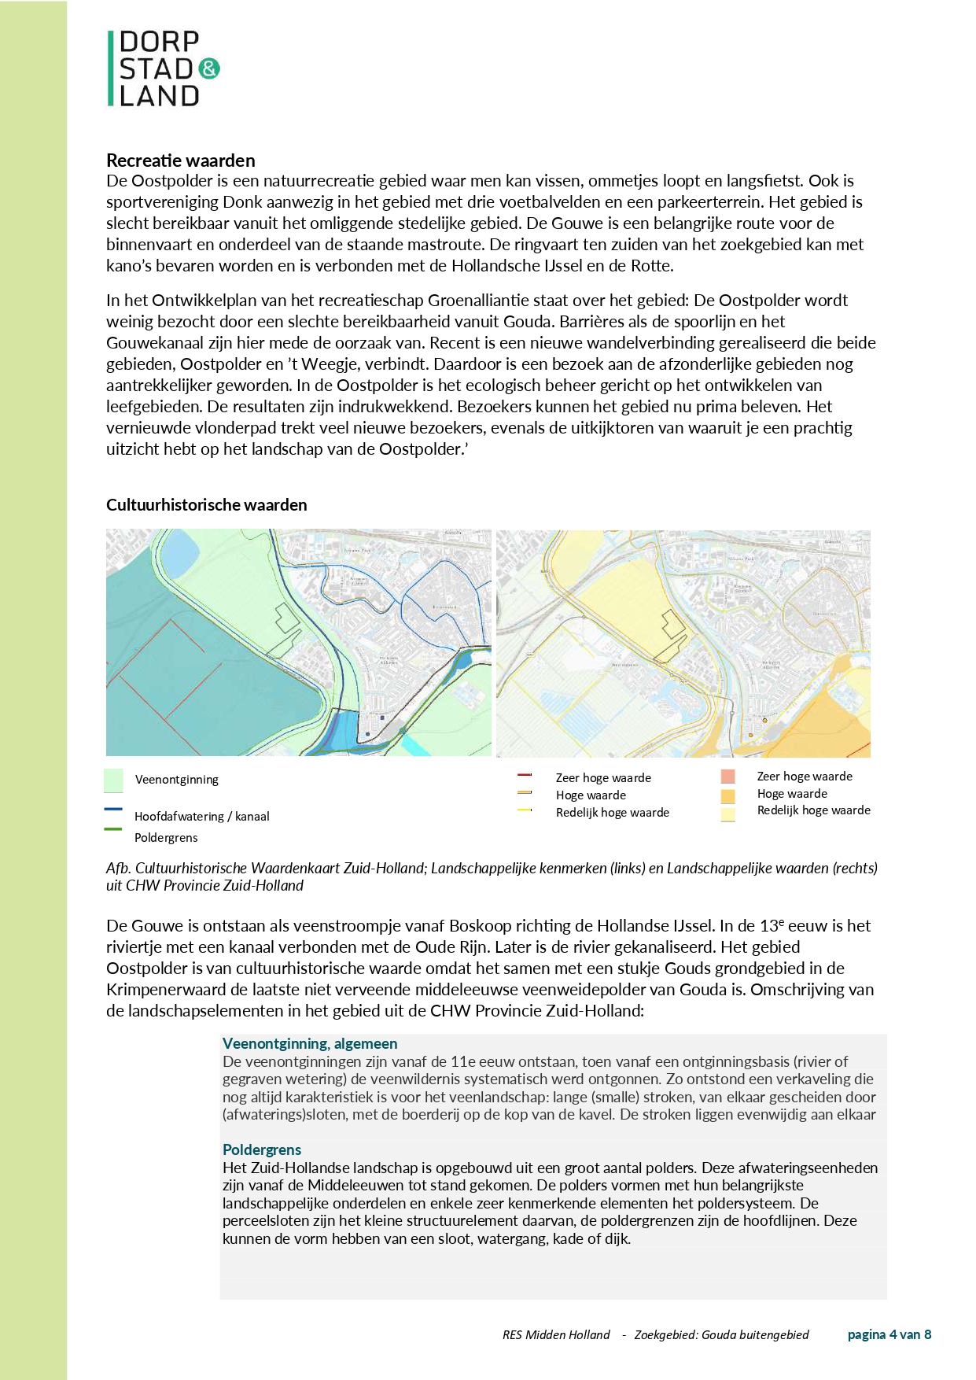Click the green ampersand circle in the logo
pos(209,68)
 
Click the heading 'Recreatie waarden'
pos(181,161)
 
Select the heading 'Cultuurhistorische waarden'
pos(207,505)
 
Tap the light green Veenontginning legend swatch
pos(113,780)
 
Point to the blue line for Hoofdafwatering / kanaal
pos(113,809)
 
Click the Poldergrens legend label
pos(166,838)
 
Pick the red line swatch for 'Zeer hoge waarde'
pos(525,776)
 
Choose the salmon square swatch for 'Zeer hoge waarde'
pos(728,777)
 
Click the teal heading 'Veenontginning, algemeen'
pos(310,1044)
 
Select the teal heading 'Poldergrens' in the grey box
pos(262,1150)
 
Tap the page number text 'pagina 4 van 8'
pos(889,1334)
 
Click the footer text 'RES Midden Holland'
pos(556,1335)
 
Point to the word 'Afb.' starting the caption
pos(118,869)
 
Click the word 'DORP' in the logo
pos(160,42)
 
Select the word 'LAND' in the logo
pos(160,96)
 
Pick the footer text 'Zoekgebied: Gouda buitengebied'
pos(721,1335)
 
